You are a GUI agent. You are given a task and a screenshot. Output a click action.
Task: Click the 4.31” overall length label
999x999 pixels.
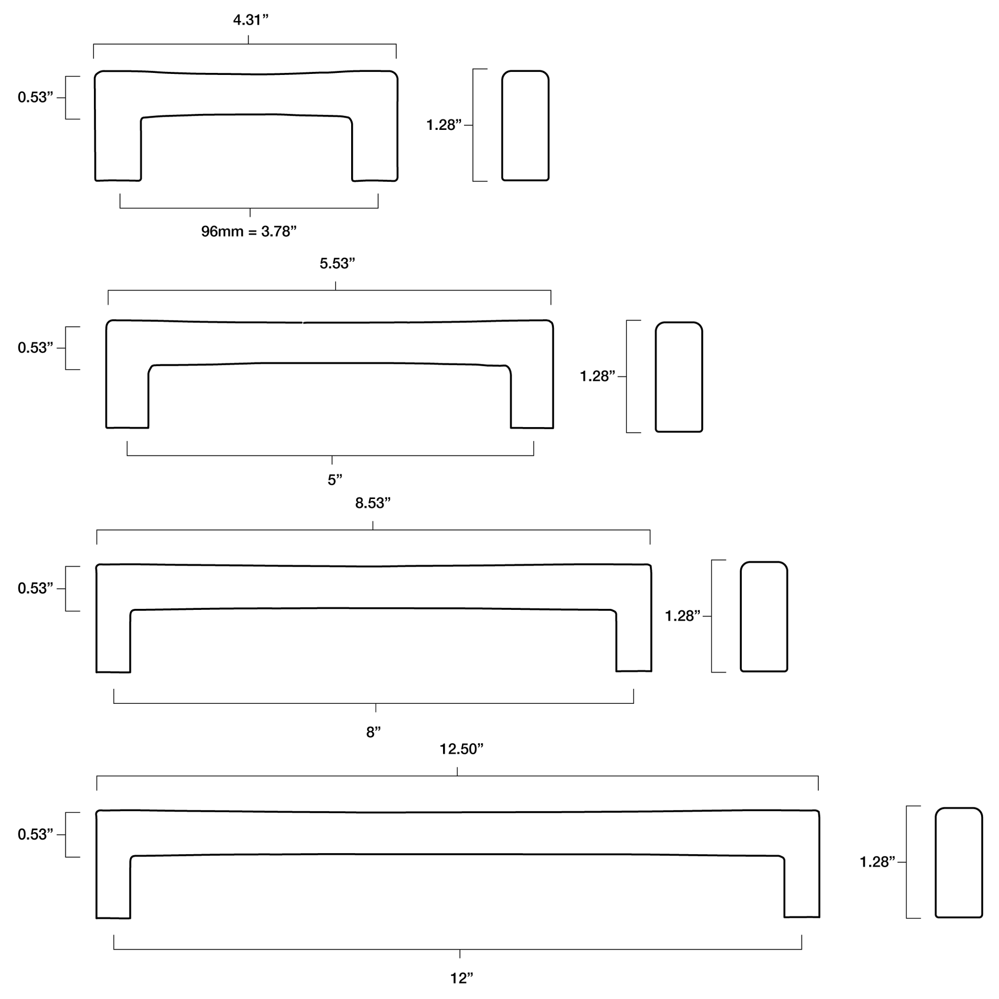tap(251, 20)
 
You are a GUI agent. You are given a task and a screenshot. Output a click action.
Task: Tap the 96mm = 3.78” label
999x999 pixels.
tap(248, 231)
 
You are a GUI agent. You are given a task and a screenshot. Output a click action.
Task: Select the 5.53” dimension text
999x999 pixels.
tap(337, 264)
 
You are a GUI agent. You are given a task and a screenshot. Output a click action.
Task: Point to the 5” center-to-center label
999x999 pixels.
tap(335, 480)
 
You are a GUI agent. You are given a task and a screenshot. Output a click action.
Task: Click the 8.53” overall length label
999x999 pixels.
tap(373, 503)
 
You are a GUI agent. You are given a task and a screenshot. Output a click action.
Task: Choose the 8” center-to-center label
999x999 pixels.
tap(373, 732)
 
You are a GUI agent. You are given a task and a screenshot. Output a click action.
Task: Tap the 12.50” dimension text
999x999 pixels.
tap(461, 750)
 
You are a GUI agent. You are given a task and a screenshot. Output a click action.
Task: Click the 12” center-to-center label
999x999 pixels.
tap(462, 978)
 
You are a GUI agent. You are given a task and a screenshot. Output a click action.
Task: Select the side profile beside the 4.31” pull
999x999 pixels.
tap(525, 126)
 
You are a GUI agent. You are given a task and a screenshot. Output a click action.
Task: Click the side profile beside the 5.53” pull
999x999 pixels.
tap(679, 377)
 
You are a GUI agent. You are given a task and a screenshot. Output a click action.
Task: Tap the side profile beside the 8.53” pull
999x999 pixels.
tap(764, 617)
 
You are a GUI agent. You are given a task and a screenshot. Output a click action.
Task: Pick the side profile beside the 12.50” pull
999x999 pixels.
tap(958, 862)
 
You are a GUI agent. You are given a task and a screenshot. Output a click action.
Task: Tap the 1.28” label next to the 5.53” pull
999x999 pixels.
tap(598, 376)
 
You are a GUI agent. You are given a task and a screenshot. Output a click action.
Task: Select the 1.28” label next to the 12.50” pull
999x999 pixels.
tap(877, 862)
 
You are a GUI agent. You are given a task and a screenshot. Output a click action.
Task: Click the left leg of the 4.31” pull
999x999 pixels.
tap(118, 150)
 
